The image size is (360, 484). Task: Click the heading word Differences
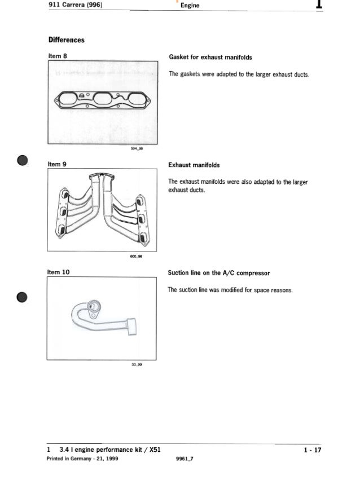(66, 40)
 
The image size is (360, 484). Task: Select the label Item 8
(58, 56)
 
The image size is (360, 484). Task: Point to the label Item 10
(59, 272)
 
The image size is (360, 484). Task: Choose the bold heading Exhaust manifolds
(194, 166)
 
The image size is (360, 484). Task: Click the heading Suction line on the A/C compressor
(219, 273)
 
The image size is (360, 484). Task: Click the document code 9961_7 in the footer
(185, 459)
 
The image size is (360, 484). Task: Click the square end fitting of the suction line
(133, 326)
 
